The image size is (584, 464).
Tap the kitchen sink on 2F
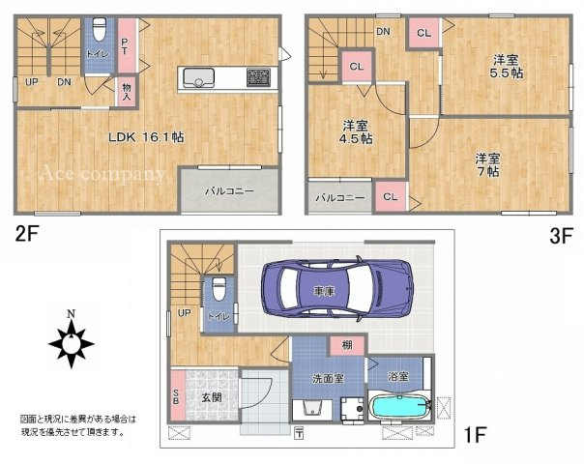pos(198,77)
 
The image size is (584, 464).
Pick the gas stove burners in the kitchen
pos(258,77)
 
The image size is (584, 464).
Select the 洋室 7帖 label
pos(486,163)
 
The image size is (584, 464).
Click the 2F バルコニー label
pos(229,191)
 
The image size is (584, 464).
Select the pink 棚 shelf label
pos(345,345)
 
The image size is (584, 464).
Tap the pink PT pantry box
pos(126,43)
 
